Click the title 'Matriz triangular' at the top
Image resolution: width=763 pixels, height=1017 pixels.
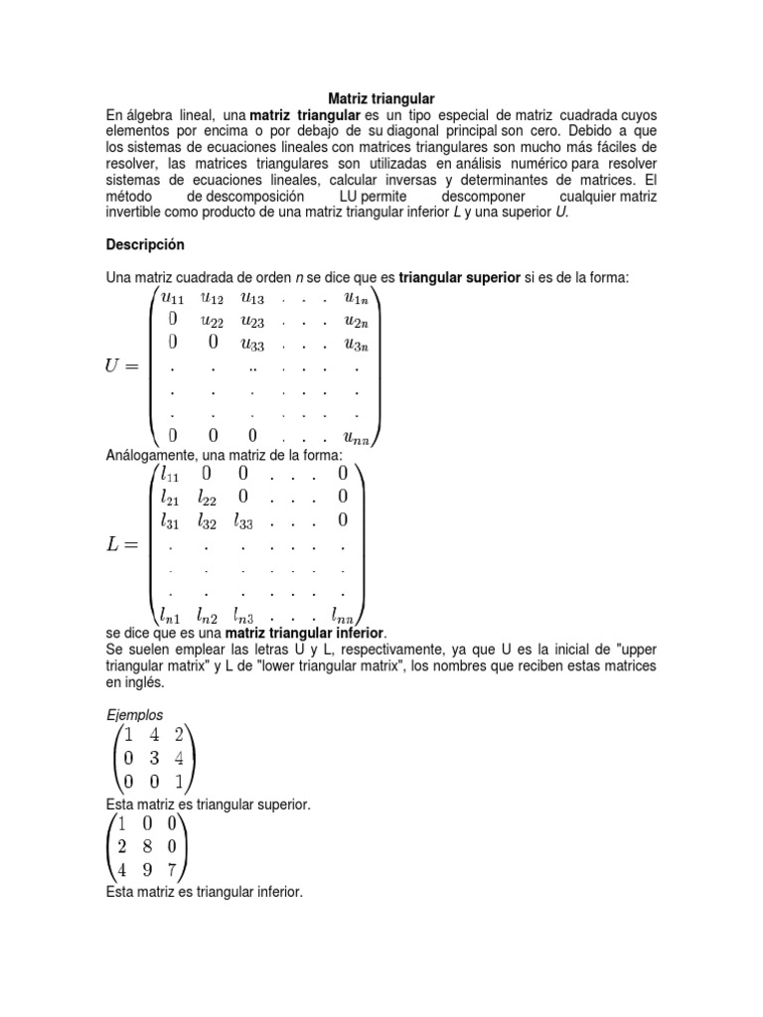point(381,99)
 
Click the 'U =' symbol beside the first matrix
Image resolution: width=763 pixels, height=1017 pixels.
point(126,366)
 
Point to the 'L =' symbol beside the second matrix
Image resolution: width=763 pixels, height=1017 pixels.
point(125,543)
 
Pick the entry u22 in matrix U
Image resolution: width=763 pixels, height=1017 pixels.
point(212,319)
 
